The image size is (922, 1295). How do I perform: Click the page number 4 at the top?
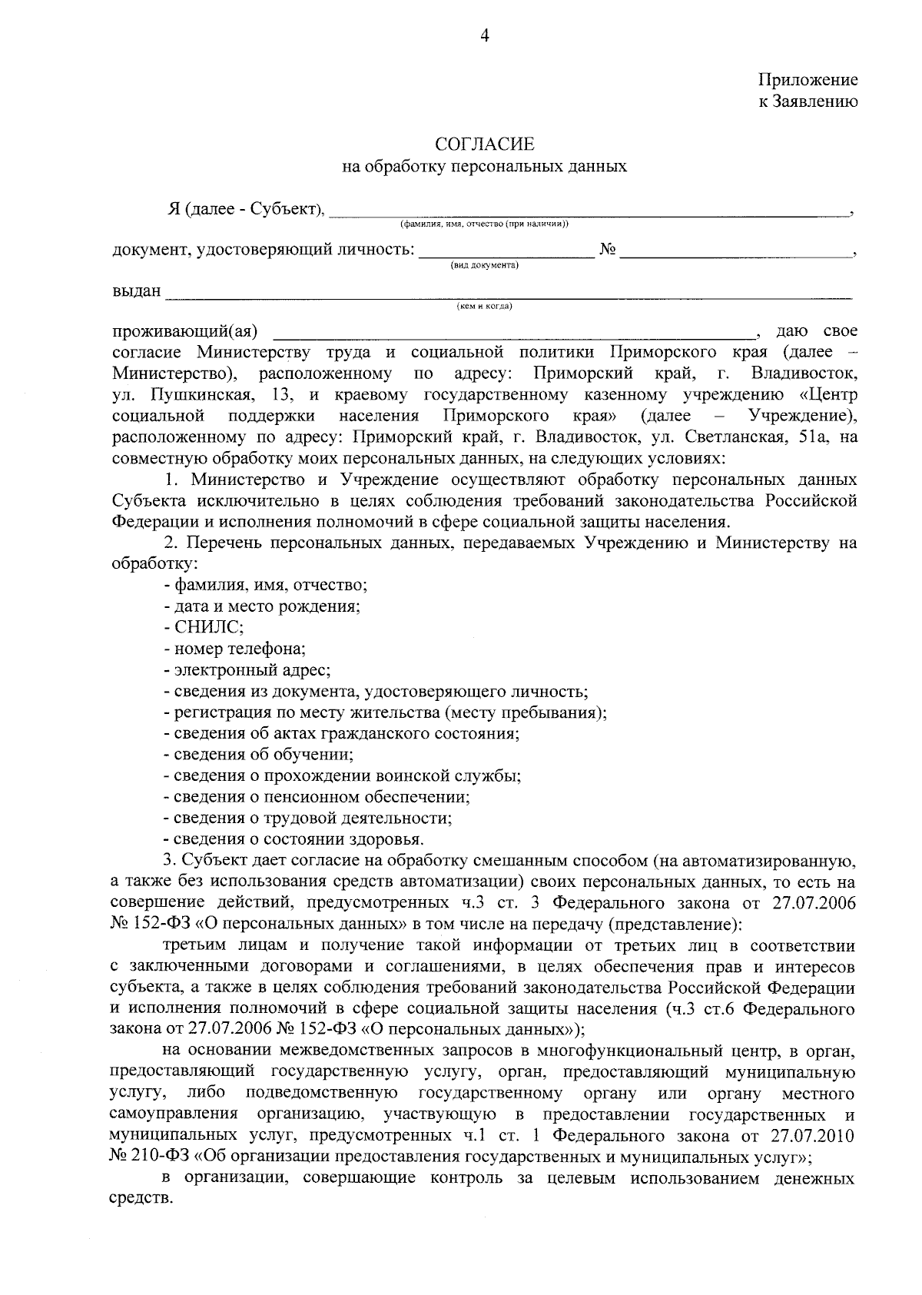pos(484,35)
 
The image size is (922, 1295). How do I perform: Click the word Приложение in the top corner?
pos(808,80)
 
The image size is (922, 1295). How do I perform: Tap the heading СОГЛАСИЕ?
pos(484,144)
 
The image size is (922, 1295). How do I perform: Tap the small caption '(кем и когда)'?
pos(484,306)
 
